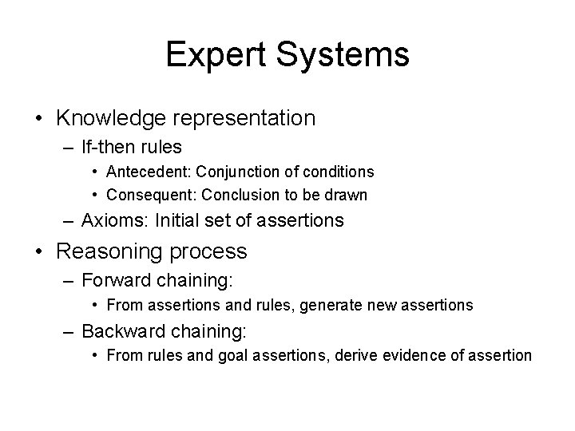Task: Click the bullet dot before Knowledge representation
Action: point(39,119)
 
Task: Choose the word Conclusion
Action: point(238,194)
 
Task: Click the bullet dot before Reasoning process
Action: point(39,252)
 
